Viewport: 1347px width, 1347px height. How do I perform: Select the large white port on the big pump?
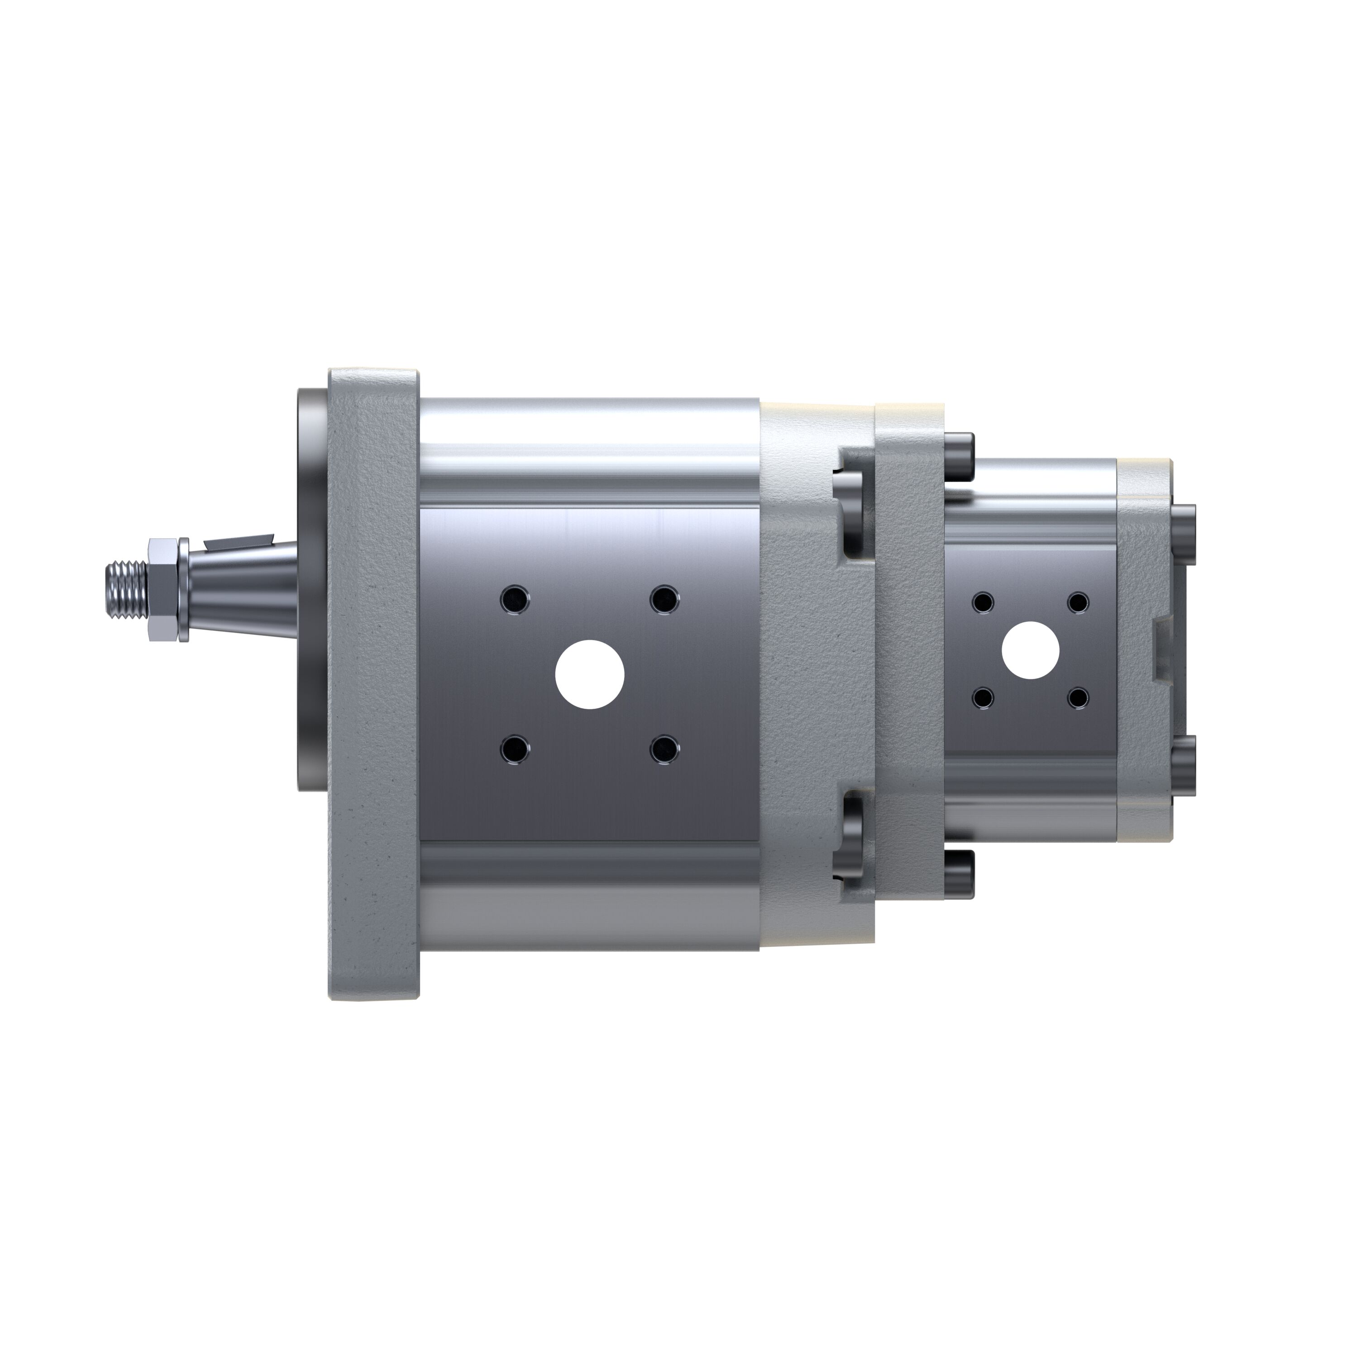tap(589, 674)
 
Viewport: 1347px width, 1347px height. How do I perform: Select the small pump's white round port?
tap(1030, 650)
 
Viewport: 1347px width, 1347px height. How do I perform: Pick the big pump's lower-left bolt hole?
tap(515, 750)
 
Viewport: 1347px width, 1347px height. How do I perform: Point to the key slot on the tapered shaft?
tap(237, 540)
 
